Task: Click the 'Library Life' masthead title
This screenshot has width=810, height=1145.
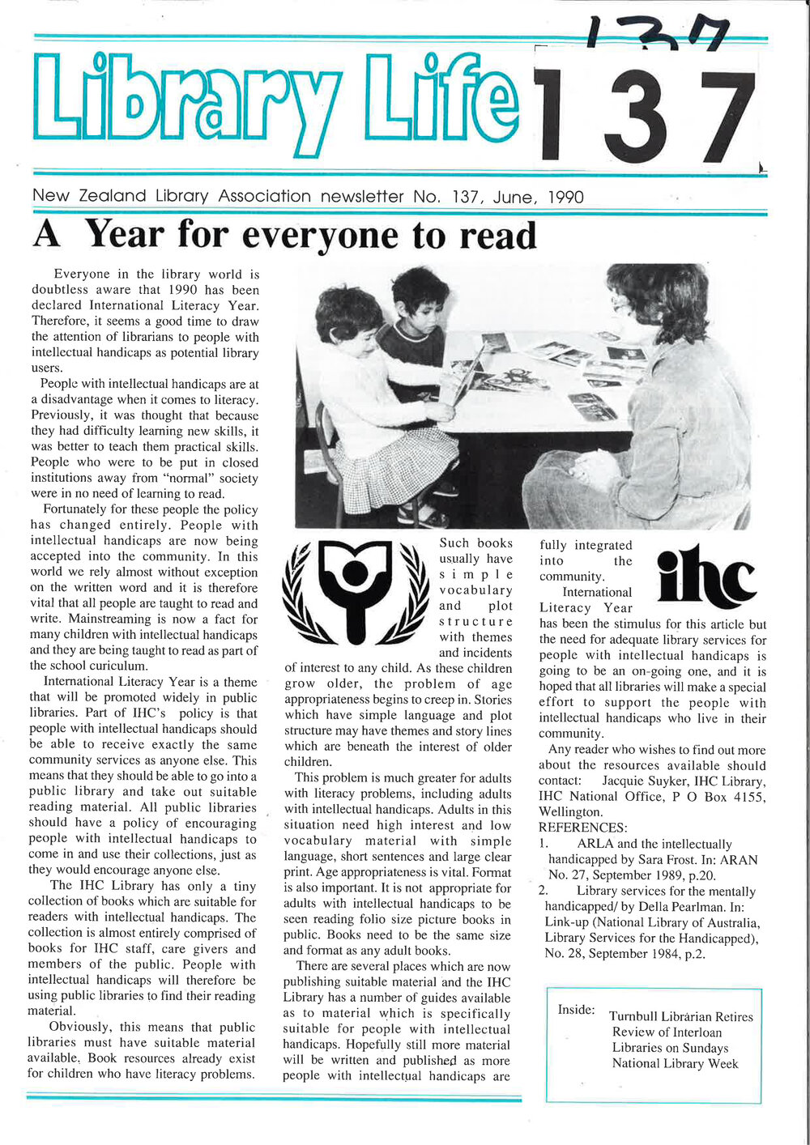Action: point(275,101)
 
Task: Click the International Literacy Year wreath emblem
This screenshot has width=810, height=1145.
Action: point(355,592)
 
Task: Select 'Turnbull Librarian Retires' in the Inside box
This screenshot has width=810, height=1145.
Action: point(680,1016)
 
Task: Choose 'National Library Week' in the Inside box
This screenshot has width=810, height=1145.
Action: point(675,1063)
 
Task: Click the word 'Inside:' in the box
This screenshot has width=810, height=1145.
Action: point(576,1010)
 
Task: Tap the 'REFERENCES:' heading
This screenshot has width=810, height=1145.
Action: point(582,828)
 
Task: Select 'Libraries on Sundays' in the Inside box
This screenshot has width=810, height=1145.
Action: point(670,1048)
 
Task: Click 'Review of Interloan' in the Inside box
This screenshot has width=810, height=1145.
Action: point(667,1032)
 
